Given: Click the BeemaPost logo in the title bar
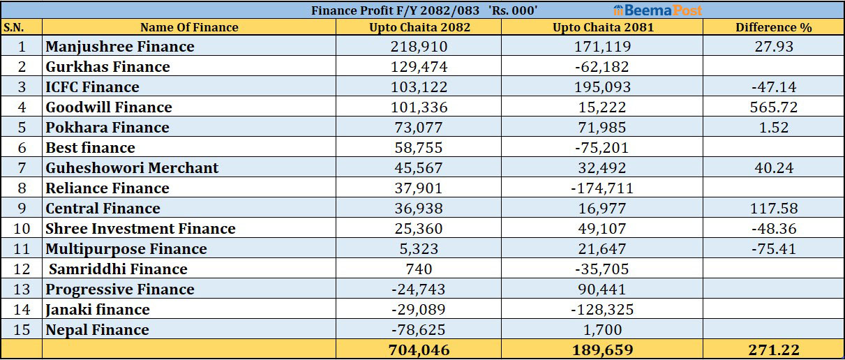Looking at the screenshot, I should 658,10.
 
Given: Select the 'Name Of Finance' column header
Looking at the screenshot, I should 189,27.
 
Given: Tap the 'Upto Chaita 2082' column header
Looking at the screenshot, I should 419,27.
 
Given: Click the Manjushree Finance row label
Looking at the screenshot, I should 120,47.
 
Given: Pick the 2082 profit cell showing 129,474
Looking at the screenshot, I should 419,67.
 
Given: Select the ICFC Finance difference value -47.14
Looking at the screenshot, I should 774,87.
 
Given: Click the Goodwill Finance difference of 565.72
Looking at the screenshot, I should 774,107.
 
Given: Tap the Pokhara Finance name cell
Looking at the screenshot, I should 107,128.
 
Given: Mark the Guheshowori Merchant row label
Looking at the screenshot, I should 132,168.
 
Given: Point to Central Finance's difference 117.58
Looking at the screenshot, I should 774,209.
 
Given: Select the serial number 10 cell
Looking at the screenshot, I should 22,229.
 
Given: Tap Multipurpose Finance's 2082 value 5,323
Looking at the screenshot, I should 419,249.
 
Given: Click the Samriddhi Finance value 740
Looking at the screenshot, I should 419,269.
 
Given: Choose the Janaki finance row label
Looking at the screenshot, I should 98,310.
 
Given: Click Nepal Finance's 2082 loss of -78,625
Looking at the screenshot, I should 419,330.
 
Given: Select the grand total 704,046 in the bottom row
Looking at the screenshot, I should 419,350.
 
